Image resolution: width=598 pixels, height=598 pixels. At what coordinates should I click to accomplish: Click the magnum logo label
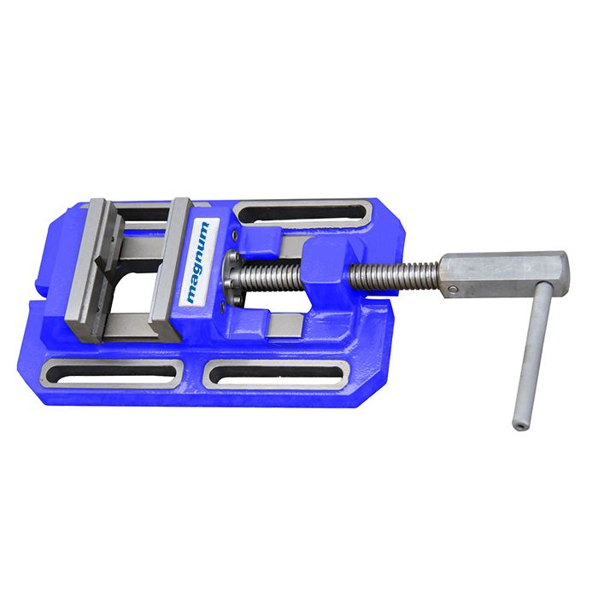point(198,262)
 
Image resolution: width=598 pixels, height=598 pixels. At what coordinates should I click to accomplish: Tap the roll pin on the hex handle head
point(451,290)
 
